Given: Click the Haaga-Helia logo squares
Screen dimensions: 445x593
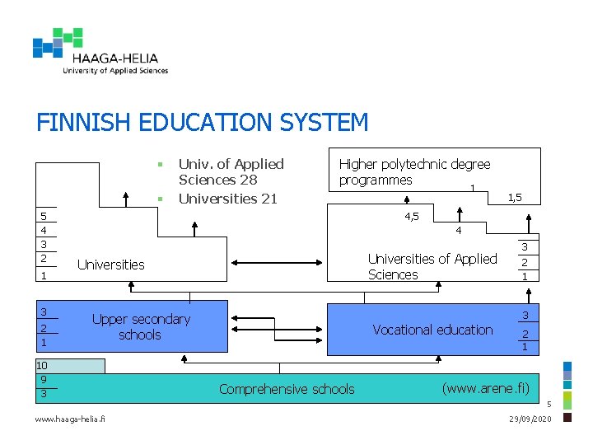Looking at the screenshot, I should pos(58,43).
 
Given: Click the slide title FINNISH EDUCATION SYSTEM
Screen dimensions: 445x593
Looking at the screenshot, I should pos(203,123).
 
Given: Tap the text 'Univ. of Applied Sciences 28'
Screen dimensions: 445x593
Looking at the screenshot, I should pos(231,171).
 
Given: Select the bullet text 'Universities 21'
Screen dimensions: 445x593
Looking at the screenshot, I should pos(228,199).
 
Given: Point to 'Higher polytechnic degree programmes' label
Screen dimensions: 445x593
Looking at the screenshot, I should pos(414,172).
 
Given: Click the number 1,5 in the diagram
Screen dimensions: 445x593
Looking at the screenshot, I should pos(516,197).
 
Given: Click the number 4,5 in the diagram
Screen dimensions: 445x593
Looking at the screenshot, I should pos(412,216).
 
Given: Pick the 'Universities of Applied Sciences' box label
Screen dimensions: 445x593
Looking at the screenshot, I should pos(432,266).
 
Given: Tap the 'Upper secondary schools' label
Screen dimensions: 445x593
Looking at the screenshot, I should pos(141,326).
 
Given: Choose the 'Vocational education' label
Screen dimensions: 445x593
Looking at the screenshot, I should pos(432,330).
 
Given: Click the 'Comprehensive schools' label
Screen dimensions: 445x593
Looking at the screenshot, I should pos(287,389).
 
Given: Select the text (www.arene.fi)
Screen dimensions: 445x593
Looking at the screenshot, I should pos(485,387).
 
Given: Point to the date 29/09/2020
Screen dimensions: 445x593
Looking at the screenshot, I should pos(531,421).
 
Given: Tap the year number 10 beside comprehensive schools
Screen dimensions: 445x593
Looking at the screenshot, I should pos(41,366).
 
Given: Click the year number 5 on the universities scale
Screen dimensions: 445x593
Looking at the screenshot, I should pos(44,216).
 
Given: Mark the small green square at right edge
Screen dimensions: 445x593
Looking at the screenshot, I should pos(567,400).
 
